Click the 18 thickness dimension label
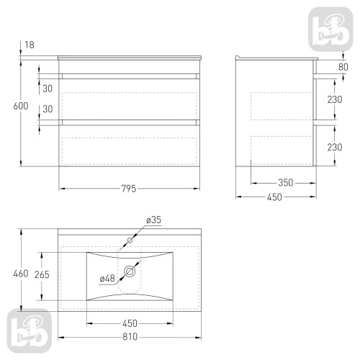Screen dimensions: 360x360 (30, 45)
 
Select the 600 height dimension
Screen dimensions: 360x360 (21, 106)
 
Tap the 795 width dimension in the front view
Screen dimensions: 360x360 (129, 189)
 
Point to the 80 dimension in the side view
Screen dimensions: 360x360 (343, 67)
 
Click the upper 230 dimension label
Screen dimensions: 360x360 (335, 99)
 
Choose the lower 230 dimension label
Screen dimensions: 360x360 (335, 147)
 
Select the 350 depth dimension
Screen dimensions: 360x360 (286, 183)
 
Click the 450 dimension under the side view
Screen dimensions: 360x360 (274, 197)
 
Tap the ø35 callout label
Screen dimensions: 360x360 (154, 220)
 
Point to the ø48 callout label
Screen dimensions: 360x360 (107, 279)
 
